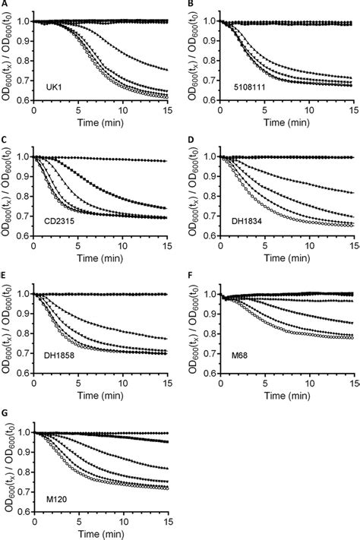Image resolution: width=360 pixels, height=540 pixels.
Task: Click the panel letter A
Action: pyautogui.click(x=4, y=5)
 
